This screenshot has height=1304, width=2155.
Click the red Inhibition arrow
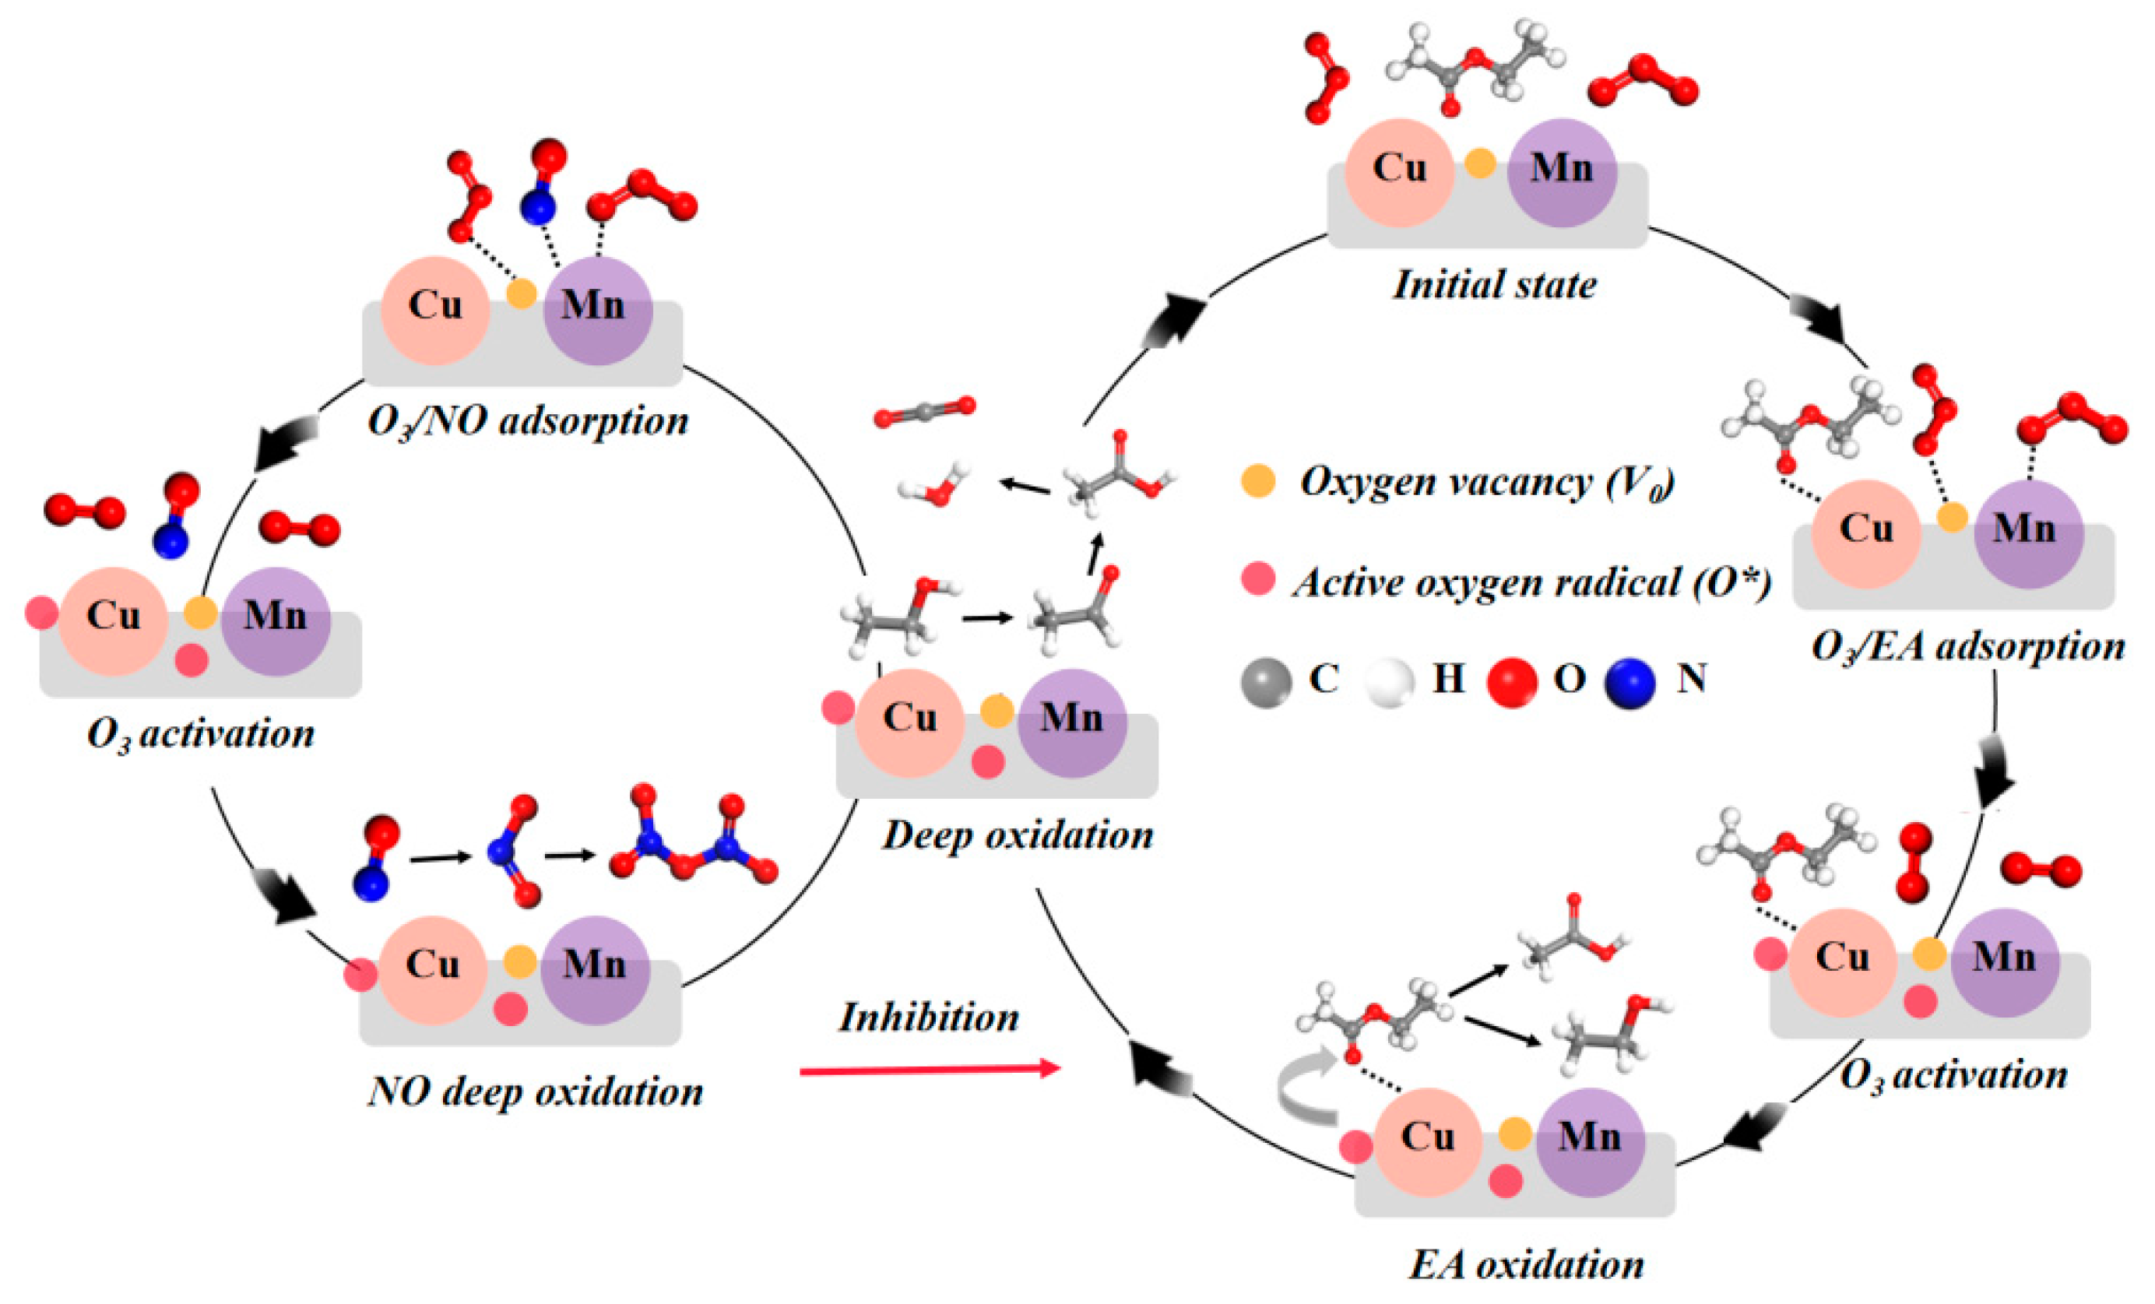tap(927, 1070)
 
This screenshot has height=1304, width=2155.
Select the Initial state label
tap(1495, 285)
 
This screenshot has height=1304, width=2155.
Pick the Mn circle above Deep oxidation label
tap(1072, 723)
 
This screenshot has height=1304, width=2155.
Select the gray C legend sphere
tap(1266, 682)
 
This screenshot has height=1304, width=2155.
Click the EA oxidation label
tap(1525, 1264)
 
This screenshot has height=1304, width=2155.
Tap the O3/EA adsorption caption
tap(1968, 647)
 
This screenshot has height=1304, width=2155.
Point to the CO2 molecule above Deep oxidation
tap(923, 411)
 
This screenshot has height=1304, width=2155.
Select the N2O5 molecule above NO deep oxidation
tap(691, 839)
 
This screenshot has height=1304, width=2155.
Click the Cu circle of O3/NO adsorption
tap(434, 310)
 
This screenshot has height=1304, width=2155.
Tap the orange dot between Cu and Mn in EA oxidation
tap(1515, 1134)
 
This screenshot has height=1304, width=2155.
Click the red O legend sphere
tap(1511, 682)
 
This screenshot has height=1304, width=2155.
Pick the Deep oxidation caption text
tap(1017, 835)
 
